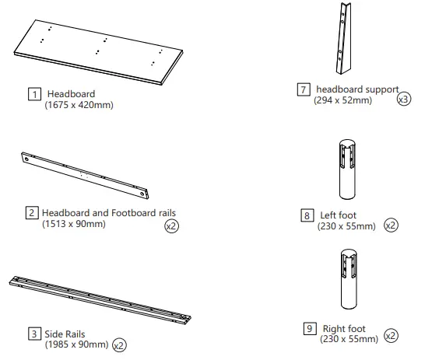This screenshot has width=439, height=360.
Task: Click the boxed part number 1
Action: click(34, 95)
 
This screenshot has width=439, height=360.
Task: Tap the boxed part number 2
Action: click(33, 213)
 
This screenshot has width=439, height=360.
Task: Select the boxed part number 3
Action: click(34, 334)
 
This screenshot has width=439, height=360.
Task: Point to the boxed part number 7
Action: click(304, 89)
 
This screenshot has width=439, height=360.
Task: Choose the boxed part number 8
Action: click(307, 215)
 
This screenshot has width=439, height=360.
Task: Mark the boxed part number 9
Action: click(309, 328)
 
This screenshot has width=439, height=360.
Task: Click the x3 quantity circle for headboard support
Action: click(403, 100)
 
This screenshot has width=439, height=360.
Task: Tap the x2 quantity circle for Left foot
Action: click(391, 226)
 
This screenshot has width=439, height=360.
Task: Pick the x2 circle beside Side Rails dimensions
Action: click(119, 344)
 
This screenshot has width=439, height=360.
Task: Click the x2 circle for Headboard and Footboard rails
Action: click(170, 226)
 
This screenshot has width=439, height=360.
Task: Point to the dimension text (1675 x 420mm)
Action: click(79, 105)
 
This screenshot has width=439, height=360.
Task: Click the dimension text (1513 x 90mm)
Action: click(73, 224)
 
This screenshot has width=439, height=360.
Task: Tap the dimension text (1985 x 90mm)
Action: click(76, 344)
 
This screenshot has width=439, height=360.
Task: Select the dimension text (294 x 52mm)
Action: click(343, 100)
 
